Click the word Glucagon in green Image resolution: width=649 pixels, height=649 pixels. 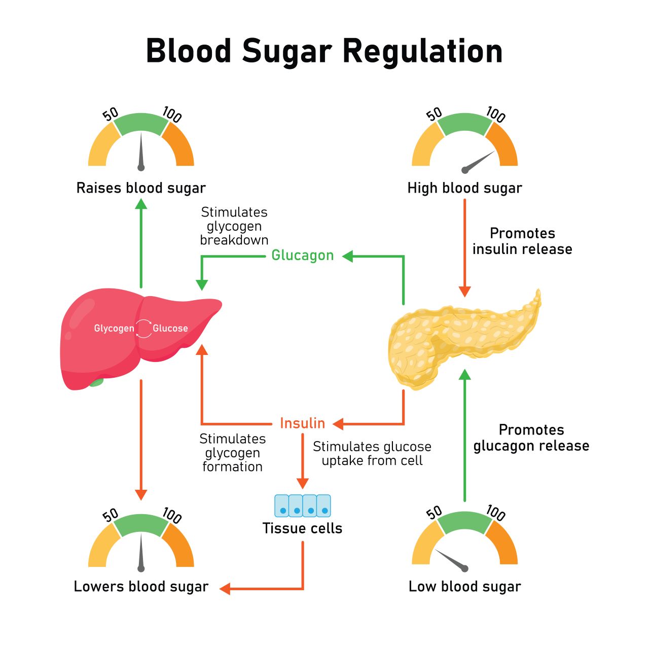pos(302,255)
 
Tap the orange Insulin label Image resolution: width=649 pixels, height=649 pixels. pos(302,423)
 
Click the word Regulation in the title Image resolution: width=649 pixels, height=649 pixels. pos(422,51)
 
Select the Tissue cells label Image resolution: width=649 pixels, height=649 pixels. pos(302,528)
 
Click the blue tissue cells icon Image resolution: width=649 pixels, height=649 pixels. pos(303,506)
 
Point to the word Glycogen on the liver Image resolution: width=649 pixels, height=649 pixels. pos(114,329)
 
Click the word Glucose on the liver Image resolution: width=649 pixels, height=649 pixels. pos(170,329)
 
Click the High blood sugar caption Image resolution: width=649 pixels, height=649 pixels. pos(464,188)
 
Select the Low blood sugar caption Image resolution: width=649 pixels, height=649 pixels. pos(464,587)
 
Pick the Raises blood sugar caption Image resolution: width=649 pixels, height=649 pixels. pos(141,188)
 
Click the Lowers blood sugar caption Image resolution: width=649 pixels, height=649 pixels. pos(141,587)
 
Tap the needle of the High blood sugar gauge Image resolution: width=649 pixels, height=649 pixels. pos(479,161)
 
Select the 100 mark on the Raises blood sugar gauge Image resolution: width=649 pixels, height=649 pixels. pos(172,115)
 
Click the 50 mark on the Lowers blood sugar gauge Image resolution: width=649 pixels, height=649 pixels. pos(110,515)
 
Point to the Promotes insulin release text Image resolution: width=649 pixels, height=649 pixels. pos(522,241)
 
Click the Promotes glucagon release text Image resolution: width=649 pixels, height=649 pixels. pos(531,438)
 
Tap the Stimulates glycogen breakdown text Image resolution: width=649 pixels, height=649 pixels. pos(234,226)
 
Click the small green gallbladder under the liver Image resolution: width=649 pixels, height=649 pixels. pos(96,382)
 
